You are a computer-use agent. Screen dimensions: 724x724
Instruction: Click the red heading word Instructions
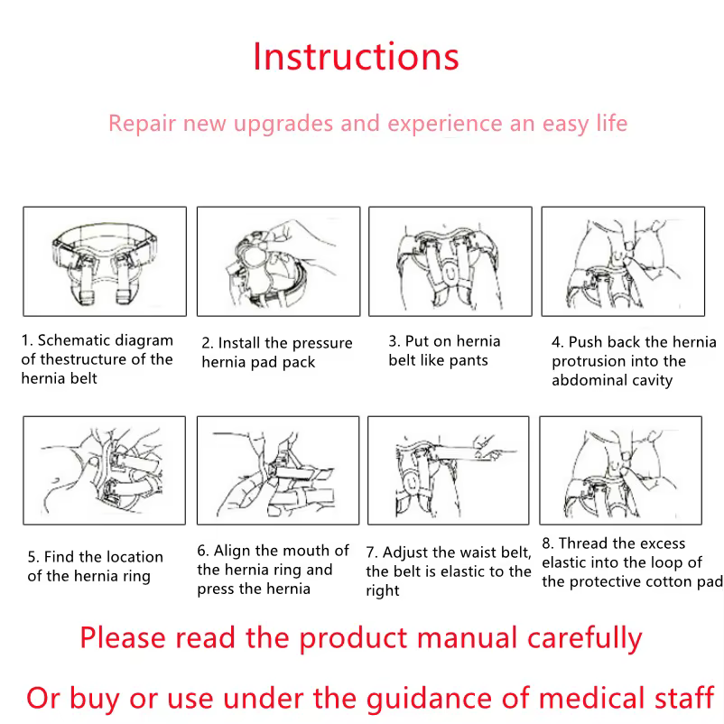[356, 57]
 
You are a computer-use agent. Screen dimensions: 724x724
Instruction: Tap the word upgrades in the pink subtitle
[283, 124]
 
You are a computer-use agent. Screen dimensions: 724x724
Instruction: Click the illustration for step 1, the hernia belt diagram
[105, 261]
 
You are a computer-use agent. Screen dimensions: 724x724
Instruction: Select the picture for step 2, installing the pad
[278, 261]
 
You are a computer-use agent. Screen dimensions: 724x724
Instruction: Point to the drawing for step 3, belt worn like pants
[450, 261]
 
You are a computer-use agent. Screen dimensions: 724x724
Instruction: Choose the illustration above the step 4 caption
[623, 261]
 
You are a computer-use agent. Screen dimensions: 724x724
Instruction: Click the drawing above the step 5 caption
[105, 470]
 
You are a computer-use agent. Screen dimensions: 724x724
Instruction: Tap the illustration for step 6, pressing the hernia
[278, 470]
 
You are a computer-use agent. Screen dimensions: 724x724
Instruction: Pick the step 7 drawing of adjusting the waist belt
[449, 470]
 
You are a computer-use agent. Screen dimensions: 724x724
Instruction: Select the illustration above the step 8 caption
[620, 470]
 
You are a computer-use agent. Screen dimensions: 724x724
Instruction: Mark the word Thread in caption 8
[581, 543]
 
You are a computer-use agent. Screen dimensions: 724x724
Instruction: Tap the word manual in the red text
[467, 637]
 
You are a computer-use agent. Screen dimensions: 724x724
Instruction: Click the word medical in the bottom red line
[592, 697]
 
